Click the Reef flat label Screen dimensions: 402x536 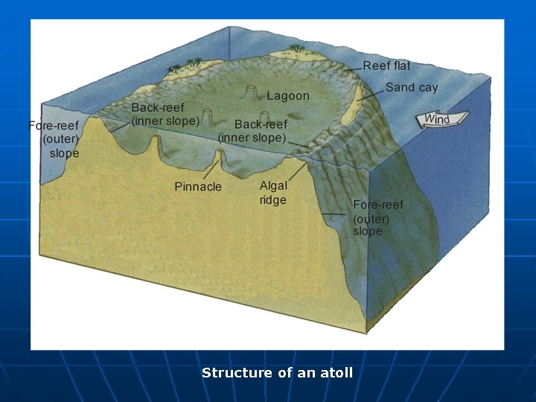[386, 66]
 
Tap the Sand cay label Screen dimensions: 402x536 [411, 88]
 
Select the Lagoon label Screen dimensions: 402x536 [287, 96]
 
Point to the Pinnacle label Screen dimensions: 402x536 [198, 187]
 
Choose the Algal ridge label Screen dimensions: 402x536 [273, 193]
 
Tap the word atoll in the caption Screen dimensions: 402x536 [336, 373]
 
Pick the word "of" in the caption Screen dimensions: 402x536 [285, 373]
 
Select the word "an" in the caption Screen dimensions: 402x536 [307, 373]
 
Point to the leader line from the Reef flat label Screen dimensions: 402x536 [353, 70]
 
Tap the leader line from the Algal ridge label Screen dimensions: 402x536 [296, 173]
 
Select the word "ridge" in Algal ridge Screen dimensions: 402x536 [273, 200]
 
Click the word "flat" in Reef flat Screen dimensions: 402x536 [401, 66]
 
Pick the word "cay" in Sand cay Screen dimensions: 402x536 [427, 88]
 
